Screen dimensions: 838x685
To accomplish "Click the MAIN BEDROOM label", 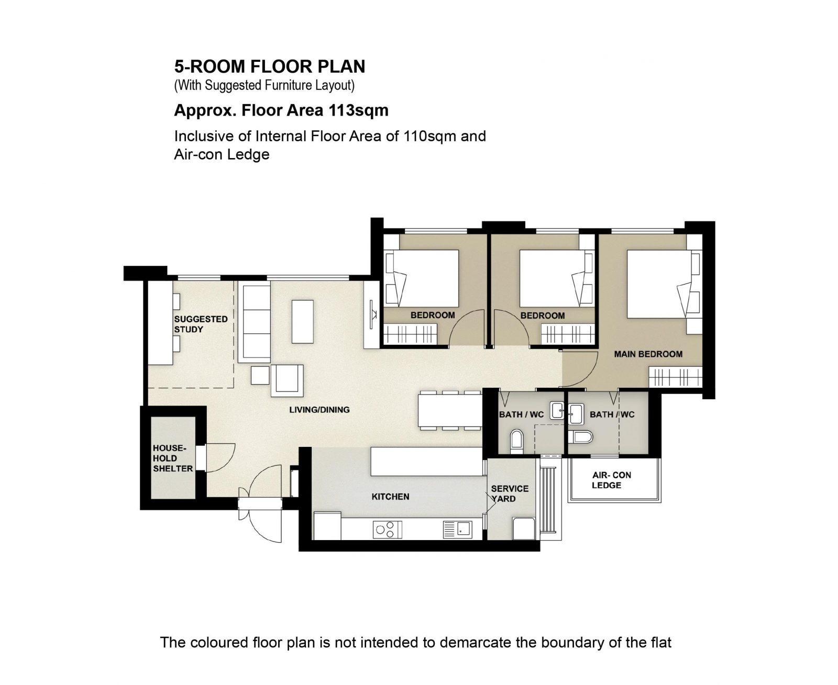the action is pyautogui.click(x=648, y=354).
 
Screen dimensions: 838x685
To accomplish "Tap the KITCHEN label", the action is pyautogui.click(x=390, y=497).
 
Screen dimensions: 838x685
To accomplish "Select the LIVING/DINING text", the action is pyautogui.click(x=319, y=409).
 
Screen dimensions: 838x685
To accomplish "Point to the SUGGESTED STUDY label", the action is pyautogui.click(x=201, y=324).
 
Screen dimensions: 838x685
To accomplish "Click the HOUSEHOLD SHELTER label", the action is pyautogui.click(x=173, y=458).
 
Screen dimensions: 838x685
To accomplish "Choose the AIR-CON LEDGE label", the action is pyautogui.click(x=611, y=480).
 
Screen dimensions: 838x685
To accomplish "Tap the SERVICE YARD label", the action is pyautogui.click(x=510, y=493).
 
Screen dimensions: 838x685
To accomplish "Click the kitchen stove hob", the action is pyautogui.click(x=387, y=530).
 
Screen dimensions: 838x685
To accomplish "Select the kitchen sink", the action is pyautogui.click(x=458, y=530).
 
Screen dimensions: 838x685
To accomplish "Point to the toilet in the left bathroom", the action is pyautogui.click(x=516, y=441).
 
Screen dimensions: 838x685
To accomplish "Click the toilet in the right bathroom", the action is pyautogui.click(x=580, y=437).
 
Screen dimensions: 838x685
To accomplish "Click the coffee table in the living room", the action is pyautogui.click(x=302, y=322).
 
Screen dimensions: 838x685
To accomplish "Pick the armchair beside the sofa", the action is pyautogui.click(x=288, y=381).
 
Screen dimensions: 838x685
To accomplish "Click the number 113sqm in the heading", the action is pyautogui.click(x=358, y=110).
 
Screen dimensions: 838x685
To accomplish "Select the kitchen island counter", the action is pyautogui.click(x=426, y=461).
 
